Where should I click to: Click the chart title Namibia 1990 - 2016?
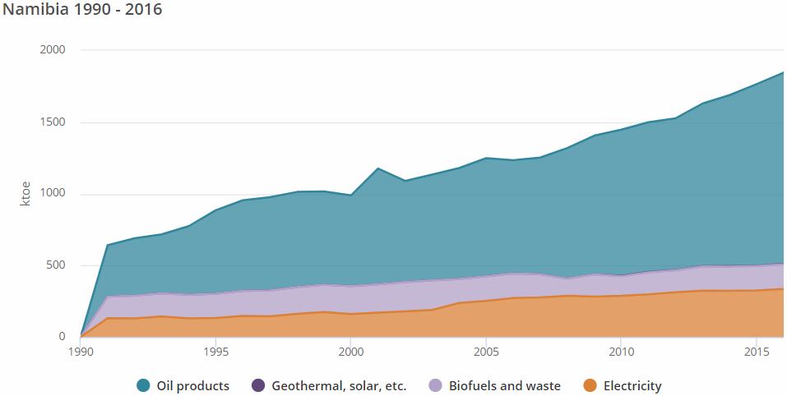click(81, 11)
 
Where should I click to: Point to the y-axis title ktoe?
click(25, 194)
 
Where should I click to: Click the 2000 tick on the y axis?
click(52, 50)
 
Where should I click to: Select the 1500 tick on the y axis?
click(52, 122)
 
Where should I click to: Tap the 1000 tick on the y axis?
click(52, 194)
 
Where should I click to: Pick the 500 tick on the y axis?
click(55, 265)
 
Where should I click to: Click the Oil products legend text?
click(192, 386)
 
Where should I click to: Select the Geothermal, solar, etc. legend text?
click(335, 386)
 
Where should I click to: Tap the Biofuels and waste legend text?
click(504, 386)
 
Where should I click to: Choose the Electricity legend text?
click(632, 386)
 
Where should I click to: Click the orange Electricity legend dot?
click(590, 386)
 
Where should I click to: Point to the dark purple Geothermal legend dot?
click(257, 386)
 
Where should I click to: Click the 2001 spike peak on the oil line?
click(377, 168)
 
